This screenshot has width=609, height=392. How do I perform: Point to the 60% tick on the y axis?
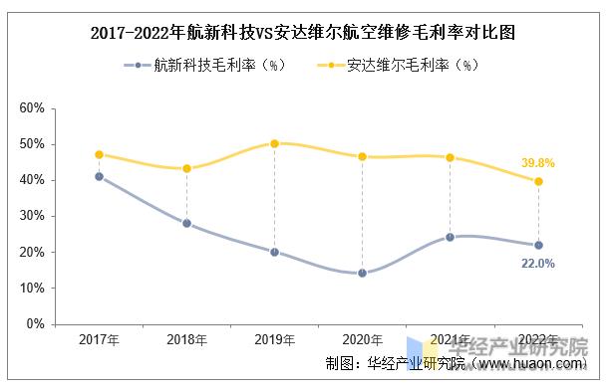tap(32, 107)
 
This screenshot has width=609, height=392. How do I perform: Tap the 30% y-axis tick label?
tap(32, 216)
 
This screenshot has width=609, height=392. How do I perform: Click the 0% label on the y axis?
tap(36, 324)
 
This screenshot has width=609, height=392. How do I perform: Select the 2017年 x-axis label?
tap(99, 340)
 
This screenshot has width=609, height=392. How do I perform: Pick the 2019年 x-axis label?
tap(274, 340)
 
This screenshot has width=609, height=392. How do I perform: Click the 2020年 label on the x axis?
tap(362, 340)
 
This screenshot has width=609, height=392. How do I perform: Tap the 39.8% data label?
tap(537, 162)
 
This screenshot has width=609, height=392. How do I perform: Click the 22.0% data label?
tap(537, 264)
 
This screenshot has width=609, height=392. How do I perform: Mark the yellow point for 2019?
tap(274, 143)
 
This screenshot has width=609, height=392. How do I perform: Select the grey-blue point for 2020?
tap(362, 273)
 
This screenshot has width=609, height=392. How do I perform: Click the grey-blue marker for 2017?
tap(99, 176)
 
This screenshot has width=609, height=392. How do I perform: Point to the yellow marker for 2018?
tap(186, 168)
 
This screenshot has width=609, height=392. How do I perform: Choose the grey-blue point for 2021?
tap(450, 237)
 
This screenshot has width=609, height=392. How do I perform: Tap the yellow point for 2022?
tap(538, 181)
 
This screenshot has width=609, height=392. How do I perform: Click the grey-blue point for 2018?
tap(186, 223)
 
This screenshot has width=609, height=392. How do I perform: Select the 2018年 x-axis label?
tap(186, 340)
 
